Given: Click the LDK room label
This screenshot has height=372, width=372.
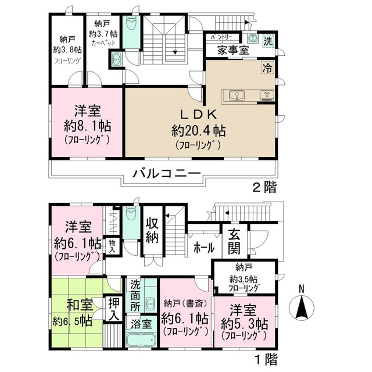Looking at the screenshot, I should pos(194,113).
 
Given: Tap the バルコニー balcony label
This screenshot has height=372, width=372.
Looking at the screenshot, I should pos(166,173).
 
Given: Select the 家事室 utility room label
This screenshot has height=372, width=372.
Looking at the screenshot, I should pos(234,51).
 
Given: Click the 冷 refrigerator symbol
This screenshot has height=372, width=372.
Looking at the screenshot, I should pos(267,67).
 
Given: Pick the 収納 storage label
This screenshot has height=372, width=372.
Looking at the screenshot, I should pos(153,231).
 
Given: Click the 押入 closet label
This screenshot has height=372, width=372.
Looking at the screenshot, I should pos(114,309).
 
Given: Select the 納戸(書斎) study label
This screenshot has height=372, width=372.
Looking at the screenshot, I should pos(185,302).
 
